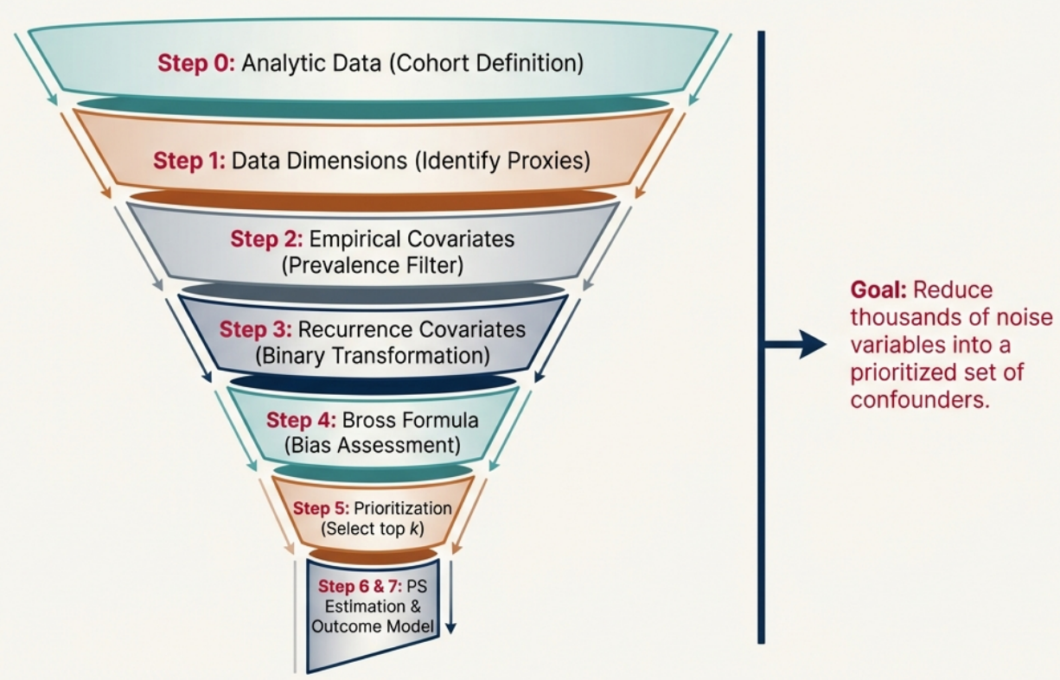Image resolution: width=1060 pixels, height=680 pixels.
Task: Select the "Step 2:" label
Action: [x=266, y=239]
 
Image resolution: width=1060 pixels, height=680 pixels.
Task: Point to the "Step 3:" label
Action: [x=255, y=330]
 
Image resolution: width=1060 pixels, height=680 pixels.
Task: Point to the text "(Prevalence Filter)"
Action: [x=373, y=264]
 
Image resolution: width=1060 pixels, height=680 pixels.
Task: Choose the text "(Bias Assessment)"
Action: [x=373, y=446]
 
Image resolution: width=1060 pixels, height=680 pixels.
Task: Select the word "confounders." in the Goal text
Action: [x=918, y=401]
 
